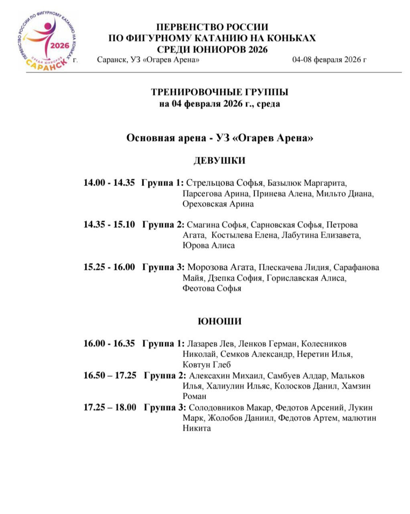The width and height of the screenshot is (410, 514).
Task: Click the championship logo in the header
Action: [47, 41]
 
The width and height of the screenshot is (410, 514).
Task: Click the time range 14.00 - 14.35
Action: [109, 183]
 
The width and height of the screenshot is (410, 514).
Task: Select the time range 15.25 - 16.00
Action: [109, 267]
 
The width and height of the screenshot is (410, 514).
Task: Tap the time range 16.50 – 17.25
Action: [110, 376]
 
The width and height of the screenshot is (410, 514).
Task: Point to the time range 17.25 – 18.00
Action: [110, 408]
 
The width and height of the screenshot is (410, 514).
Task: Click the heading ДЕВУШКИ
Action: [219, 161]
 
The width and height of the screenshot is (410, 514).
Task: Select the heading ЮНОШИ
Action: [219, 321]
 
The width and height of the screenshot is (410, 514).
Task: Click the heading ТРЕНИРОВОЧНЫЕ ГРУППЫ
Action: [219, 92]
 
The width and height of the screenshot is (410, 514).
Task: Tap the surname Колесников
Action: [324, 344]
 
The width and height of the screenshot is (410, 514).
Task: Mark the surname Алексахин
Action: [209, 376]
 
